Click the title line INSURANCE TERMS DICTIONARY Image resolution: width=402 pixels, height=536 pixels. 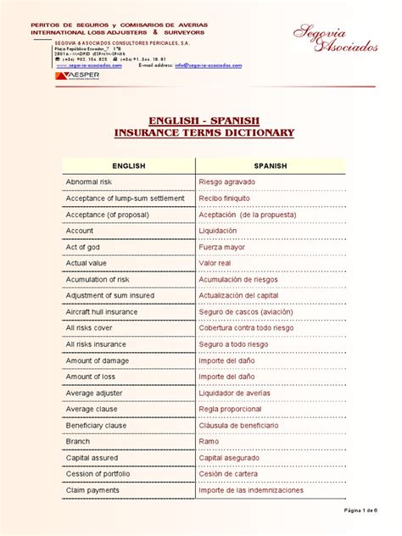click(x=204, y=133)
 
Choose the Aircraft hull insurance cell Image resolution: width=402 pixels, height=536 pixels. click(x=102, y=311)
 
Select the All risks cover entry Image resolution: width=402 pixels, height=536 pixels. click(x=89, y=327)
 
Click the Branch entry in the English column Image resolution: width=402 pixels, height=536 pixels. click(x=78, y=441)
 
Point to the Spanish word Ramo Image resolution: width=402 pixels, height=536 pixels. click(x=209, y=441)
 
